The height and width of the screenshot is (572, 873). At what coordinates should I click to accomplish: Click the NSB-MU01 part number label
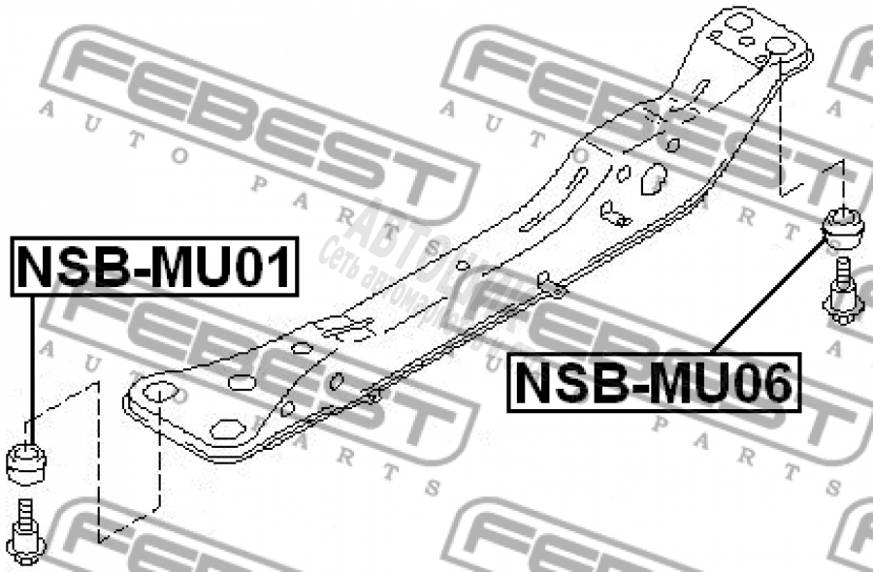tap(152, 267)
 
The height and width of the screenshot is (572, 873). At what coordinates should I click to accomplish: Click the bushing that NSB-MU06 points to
tap(843, 230)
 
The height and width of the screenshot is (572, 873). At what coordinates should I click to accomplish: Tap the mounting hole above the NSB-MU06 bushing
tap(780, 47)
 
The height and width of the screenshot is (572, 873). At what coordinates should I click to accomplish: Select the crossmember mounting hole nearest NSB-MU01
tap(158, 393)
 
